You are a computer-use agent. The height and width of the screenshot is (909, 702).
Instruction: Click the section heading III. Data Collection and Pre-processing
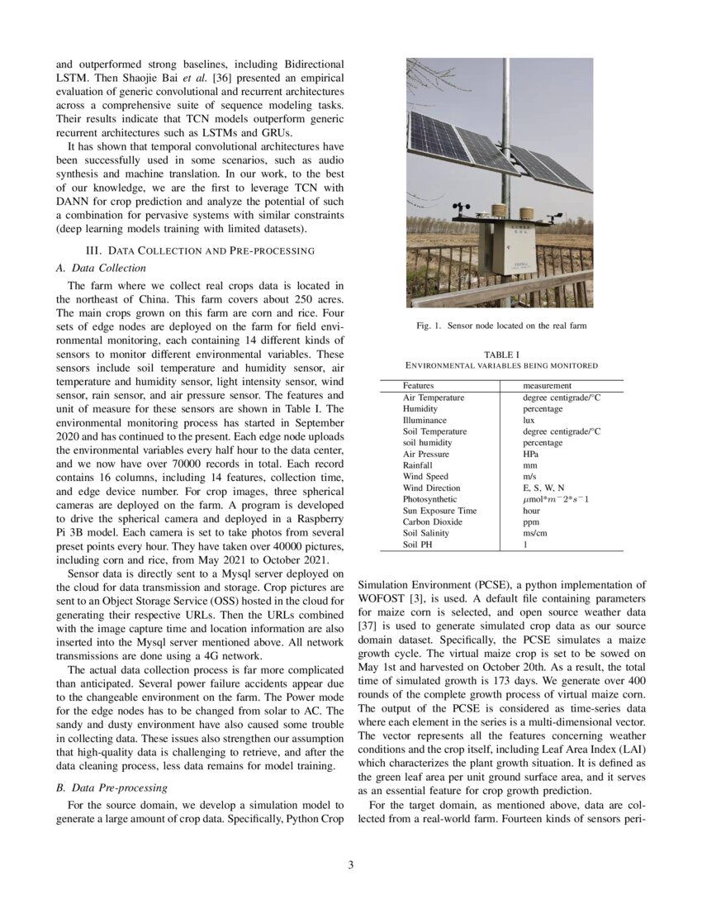pos(200,250)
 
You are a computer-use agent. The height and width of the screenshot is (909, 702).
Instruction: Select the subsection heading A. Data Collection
pos(101,268)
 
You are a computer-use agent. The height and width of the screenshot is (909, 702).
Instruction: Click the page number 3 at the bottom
pos(350,865)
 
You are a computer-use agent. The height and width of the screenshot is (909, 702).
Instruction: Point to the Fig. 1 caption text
pos(500,326)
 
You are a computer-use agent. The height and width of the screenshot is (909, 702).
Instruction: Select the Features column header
pos(418,386)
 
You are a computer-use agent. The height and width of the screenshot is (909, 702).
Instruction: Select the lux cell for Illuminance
pos(529,420)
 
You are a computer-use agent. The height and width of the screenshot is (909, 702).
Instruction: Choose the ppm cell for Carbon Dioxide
pos(531,521)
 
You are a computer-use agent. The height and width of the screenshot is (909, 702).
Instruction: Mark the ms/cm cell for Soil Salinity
pos(536,533)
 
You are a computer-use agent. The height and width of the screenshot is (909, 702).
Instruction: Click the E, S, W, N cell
pos(544,488)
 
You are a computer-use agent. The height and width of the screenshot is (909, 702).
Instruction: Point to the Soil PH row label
pos(420,545)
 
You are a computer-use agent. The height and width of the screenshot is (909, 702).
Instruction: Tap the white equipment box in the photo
pos(506,249)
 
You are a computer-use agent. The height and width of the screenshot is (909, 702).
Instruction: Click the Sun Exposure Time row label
pos(439,511)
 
